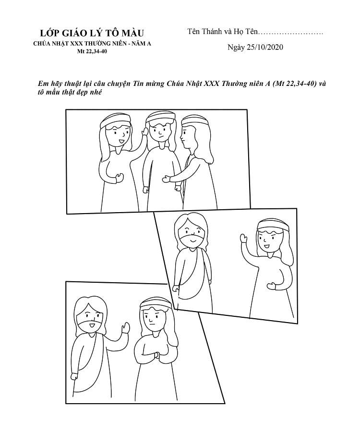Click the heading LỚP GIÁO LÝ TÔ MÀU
click(92, 33)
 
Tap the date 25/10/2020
click(264, 47)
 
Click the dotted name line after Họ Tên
click(291, 32)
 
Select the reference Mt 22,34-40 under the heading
click(92, 51)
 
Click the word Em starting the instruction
click(42, 83)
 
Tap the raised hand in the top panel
click(144, 132)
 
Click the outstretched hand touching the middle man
click(167, 179)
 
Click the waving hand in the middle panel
click(243, 238)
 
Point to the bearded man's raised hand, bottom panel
click(126, 328)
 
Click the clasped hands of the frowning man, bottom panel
click(156, 355)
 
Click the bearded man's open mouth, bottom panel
click(92, 325)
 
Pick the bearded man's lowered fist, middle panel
click(176, 288)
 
